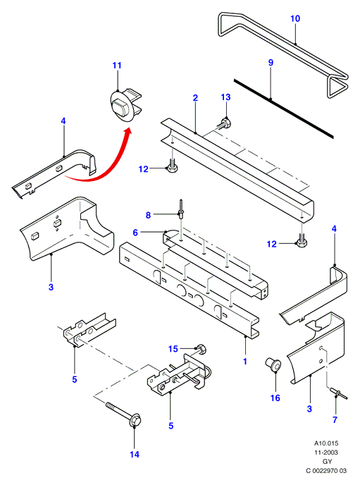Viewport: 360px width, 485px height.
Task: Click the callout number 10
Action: [295, 18]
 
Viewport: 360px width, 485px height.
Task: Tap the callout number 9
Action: [271, 63]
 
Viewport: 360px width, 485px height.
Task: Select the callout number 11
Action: [117, 66]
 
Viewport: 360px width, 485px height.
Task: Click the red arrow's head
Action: [128, 131]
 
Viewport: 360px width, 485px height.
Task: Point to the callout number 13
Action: [225, 97]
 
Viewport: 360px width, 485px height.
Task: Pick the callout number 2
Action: [195, 98]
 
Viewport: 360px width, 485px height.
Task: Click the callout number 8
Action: [149, 215]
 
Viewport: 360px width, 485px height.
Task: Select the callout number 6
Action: [135, 233]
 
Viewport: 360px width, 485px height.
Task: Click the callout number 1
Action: [245, 361]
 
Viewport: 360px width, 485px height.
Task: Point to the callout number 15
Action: [173, 349]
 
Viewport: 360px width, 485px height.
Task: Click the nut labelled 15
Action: [201, 349]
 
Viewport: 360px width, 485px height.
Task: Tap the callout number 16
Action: [275, 398]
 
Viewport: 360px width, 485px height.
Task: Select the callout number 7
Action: [335, 419]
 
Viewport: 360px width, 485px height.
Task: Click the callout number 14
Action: [135, 454]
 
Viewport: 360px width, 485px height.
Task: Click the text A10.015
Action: [326, 443]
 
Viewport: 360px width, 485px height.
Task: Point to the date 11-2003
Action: [326, 452]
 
